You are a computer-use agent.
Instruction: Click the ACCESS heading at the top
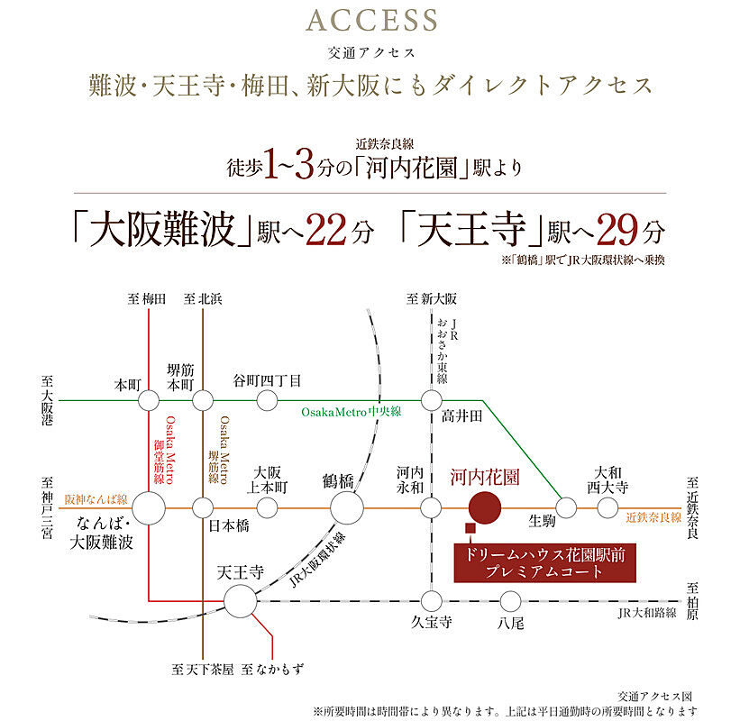(x=372, y=21)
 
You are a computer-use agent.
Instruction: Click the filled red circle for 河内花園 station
(x=485, y=507)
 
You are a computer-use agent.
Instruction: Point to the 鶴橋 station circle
(x=347, y=508)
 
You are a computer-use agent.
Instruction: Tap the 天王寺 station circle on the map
(x=241, y=601)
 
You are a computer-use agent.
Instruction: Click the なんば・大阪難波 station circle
(x=149, y=508)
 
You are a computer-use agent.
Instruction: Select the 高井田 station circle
(x=432, y=401)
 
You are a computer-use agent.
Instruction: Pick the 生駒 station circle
(x=566, y=508)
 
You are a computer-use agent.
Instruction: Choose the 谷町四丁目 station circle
(x=267, y=401)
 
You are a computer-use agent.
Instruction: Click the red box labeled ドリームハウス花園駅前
(x=544, y=563)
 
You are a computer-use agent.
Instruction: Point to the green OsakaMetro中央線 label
(x=352, y=412)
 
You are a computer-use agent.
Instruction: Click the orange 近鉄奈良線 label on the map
(x=653, y=517)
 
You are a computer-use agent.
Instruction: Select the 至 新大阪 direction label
(x=432, y=299)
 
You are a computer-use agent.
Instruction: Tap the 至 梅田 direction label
(x=147, y=299)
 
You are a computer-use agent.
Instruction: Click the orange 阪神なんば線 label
(x=96, y=499)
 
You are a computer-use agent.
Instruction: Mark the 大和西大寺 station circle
(x=608, y=508)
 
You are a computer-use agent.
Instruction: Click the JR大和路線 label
(x=647, y=614)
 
